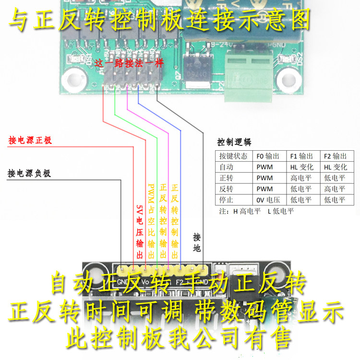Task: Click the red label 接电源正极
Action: coord(30,141)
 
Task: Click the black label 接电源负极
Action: coord(29,173)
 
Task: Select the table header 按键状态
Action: coord(233,156)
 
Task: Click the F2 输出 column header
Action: coord(335,156)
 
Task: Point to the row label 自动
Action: coord(226,167)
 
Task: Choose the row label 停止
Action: coord(226,200)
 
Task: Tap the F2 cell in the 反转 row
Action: coord(335,189)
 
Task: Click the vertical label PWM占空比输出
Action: coord(152,221)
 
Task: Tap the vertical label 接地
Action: coord(197,243)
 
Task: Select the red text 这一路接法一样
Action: coord(126,63)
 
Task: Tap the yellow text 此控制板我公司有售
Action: coord(180,337)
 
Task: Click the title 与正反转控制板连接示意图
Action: coord(160,20)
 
